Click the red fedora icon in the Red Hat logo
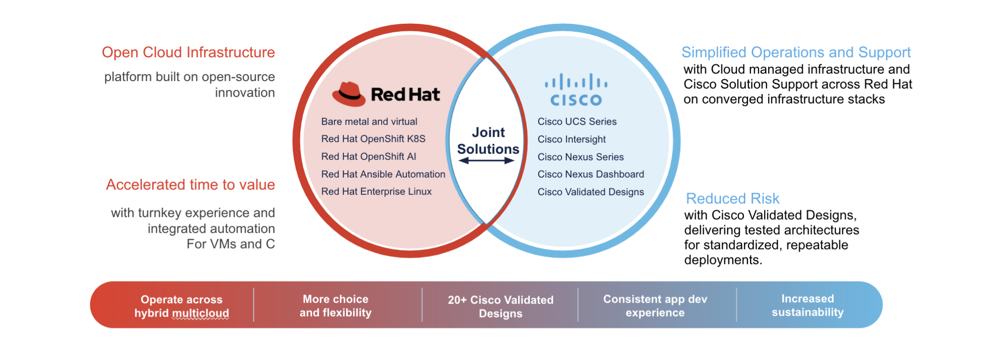(348, 94)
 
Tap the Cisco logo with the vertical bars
(576, 90)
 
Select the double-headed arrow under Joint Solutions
(486, 161)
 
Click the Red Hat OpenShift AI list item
(368, 157)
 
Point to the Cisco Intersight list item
(571, 139)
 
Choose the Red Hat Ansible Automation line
(383, 174)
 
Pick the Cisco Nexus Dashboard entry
(590, 174)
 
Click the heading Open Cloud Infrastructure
(188, 53)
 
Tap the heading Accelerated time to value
(190, 185)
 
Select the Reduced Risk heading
(732, 199)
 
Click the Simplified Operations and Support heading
(796, 53)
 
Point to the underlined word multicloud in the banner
(201, 313)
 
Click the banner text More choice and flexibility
(335, 306)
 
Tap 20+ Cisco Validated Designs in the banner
(500, 306)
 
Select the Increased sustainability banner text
(807, 305)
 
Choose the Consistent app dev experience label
(655, 306)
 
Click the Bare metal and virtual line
(369, 122)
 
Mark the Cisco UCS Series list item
(577, 122)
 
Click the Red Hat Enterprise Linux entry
(376, 192)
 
